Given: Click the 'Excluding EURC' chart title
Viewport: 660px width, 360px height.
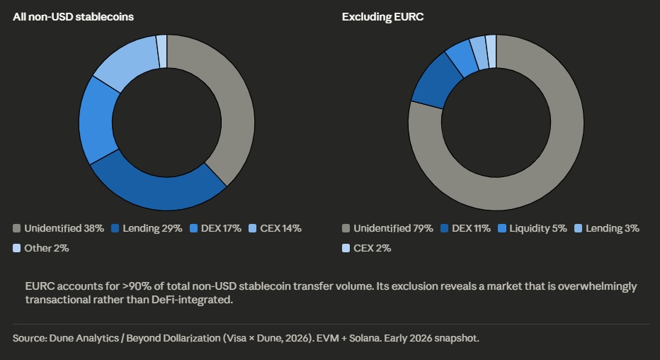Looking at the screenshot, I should pyautogui.click(x=382, y=16).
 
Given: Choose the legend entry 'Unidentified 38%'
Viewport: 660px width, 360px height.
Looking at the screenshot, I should pyautogui.click(x=59, y=228).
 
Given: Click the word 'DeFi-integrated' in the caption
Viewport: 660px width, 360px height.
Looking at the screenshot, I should pyautogui.click(x=196, y=300).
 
